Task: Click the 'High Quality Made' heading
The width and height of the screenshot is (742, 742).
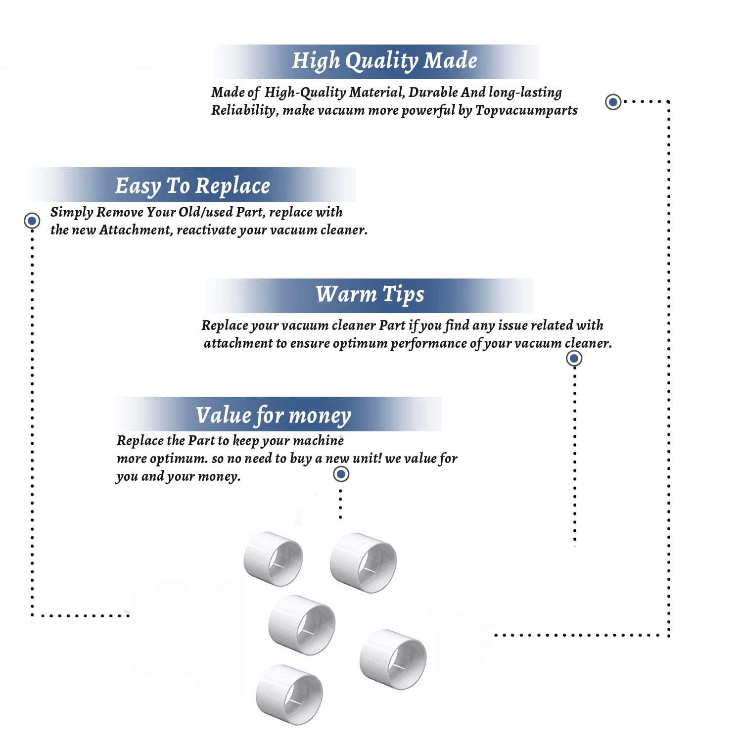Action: [384, 61]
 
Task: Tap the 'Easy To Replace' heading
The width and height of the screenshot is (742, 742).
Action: [192, 186]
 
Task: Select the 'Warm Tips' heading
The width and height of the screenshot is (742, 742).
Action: [370, 295]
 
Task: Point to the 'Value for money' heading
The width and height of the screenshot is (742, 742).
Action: [273, 416]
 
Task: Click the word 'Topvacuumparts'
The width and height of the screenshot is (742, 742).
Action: [526, 110]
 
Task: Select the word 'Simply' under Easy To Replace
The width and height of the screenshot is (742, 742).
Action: [72, 213]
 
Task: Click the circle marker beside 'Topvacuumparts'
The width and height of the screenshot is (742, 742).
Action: [613, 102]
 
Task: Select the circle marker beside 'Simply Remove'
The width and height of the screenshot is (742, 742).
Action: [32, 221]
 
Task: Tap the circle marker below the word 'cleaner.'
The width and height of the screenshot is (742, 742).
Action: [574, 358]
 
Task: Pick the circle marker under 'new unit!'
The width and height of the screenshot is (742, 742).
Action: [341, 474]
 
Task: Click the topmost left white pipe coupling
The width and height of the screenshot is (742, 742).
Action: [273, 559]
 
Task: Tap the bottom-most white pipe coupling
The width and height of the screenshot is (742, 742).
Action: [289, 695]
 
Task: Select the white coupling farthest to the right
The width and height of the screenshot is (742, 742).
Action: [393, 659]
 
